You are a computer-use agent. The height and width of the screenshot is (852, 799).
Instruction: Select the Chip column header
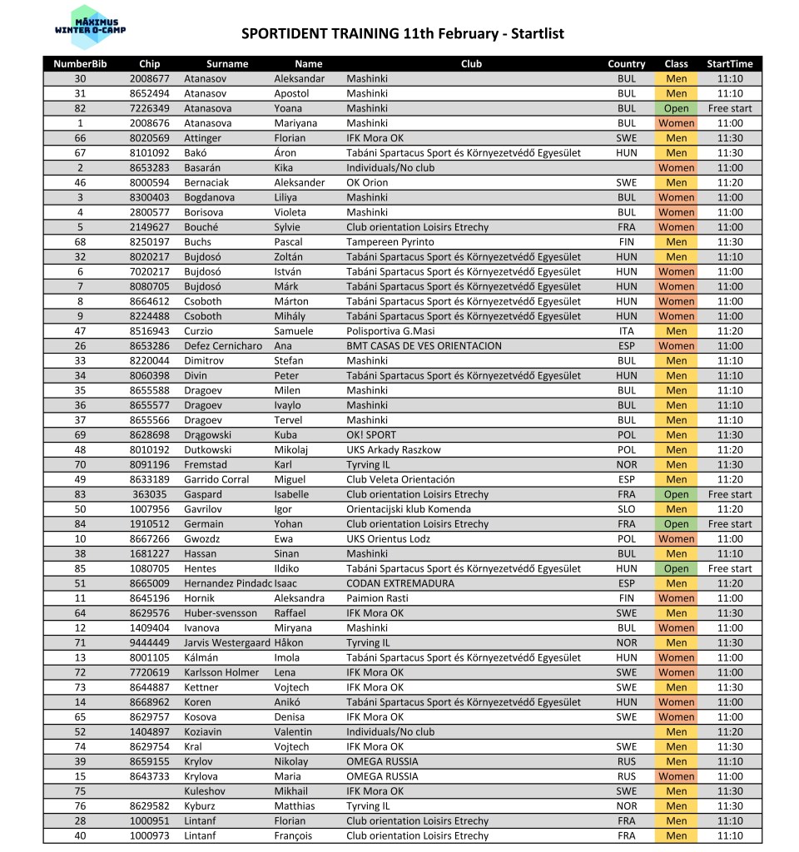(150, 64)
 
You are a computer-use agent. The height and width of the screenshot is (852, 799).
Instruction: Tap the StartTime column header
(729, 64)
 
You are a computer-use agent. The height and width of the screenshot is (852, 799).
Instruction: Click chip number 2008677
(150, 79)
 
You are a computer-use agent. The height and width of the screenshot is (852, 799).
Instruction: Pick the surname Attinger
(203, 138)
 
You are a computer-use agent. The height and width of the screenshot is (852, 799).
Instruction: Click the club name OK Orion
(367, 183)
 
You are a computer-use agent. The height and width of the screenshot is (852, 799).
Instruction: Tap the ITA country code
(626, 331)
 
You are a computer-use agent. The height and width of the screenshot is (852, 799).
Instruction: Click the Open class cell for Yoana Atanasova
(676, 109)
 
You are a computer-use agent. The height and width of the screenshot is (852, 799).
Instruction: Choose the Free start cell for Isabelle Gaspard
(729, 494)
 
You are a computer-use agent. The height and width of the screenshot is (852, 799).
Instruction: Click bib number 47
(80, 331)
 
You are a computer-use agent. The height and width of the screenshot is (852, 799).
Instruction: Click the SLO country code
(626, 509)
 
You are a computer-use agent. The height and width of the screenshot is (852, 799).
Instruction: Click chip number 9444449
(150, 643)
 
